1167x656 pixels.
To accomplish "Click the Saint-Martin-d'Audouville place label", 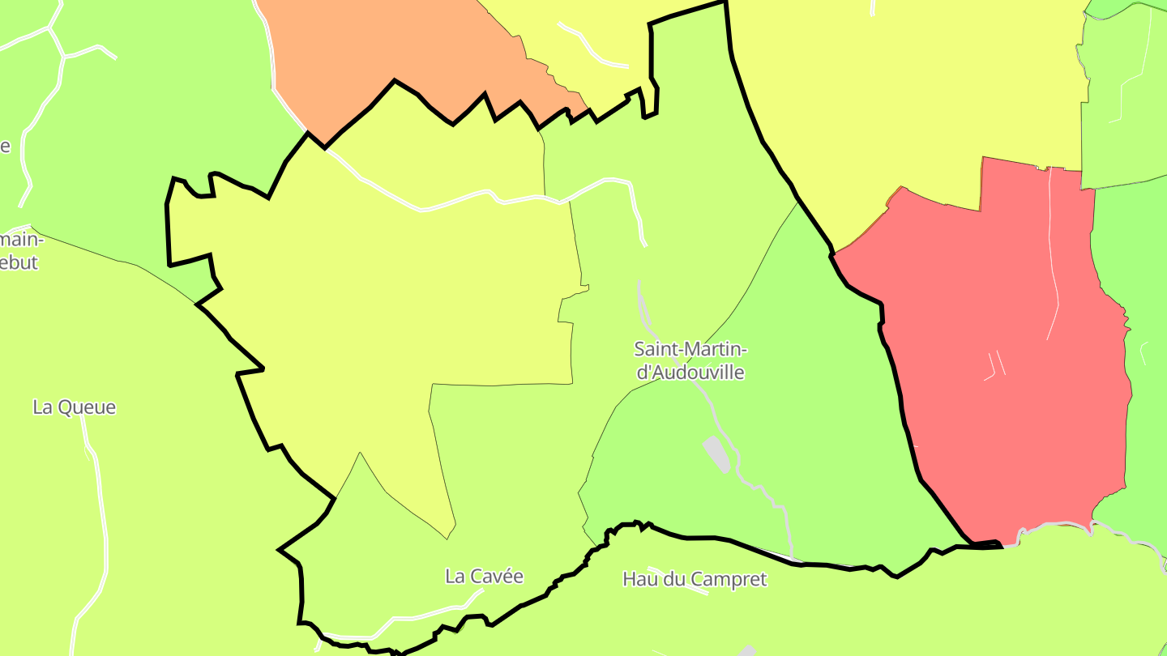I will tap(689, 360).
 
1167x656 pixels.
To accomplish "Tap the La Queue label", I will tap(74, 407).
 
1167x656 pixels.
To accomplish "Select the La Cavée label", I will tap(484, 576).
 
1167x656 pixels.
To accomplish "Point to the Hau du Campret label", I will tap(695, 579).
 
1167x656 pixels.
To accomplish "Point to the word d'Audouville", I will tap(690, 373).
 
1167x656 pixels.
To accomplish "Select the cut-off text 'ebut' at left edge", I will tap(19, 263).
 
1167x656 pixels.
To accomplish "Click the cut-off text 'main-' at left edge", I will tap(19, 240).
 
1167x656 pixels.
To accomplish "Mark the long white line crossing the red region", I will tap(1054, 267).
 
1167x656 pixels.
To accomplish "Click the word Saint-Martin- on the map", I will tap(689, 349).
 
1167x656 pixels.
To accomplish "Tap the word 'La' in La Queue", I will tap(42, 407).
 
